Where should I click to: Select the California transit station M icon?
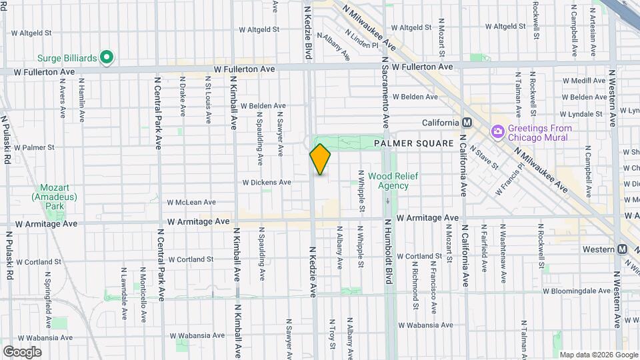[x=467, y=123]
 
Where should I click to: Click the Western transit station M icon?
[x=622, y=249]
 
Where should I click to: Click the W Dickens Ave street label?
[x=267, y=182]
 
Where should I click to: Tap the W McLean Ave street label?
[x=191, y=202]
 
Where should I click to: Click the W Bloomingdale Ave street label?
[x=577, y=291]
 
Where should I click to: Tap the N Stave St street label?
[x=483, y=157]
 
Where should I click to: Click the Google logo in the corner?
[x=22, y=351]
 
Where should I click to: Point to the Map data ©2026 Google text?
[x=598, y=355]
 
